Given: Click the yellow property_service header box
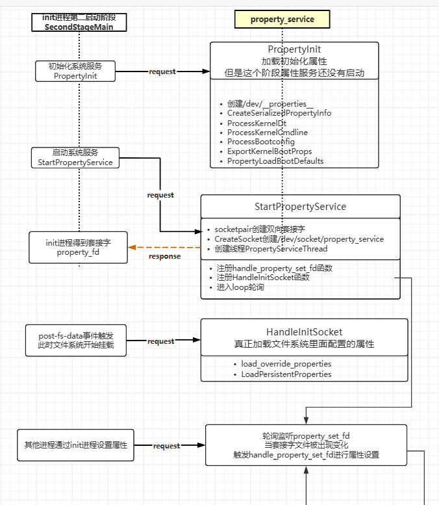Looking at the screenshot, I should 282,19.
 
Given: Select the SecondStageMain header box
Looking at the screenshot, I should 79,23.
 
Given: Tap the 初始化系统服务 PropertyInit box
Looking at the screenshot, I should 75,71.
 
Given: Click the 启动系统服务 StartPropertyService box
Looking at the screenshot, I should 75,157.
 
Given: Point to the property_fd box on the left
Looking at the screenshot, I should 78,248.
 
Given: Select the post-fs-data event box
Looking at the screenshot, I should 76,341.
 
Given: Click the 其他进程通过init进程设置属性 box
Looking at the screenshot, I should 75,445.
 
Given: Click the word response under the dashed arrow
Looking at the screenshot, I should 164,256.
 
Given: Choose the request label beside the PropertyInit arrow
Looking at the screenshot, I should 162,71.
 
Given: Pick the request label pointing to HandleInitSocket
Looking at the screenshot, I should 160,341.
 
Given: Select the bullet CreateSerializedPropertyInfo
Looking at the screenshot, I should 279,113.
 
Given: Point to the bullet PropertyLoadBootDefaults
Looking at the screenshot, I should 275,161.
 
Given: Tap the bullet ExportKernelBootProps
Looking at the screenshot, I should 270,151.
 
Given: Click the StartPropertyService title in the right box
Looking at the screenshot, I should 300,207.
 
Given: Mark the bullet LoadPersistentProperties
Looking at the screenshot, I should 286,374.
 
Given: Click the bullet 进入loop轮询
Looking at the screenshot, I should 240,287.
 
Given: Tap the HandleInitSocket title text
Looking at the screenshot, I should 304,332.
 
